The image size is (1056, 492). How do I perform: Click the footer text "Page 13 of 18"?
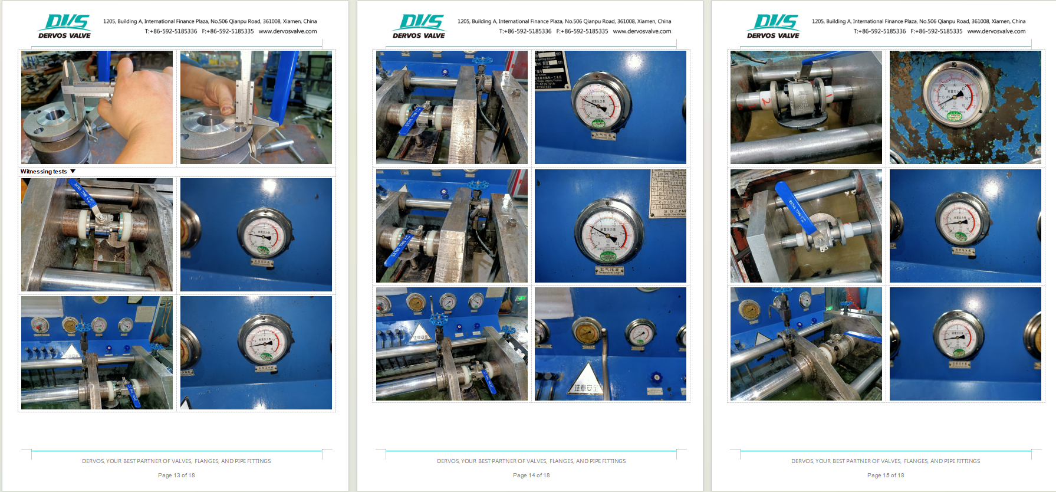pyautogui.click(x=176, y=475)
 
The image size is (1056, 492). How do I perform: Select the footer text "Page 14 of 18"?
pyautogui.click(x=531, y=475)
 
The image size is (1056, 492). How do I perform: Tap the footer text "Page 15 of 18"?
pyautogui.click(x=886, y=475)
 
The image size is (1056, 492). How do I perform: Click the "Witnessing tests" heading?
pyautogui.click(x=44, y=172)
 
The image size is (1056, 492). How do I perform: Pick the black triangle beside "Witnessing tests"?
pyautogui.click(x=73, y=172)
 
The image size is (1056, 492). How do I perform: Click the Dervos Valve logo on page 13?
pyautogui.click(x=65, y=27)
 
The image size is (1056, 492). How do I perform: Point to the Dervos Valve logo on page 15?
pyautogui.click(x=774, y=27)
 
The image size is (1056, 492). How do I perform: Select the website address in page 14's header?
pyautogui.click(x=642, y=31)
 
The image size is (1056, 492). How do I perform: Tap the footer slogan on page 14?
pyautogui.click(x=531, y=461)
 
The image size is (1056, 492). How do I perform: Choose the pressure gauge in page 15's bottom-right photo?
pyautogui.click(x=958, y=334)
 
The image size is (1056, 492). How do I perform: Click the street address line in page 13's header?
pyautogui.click(x=210, y=21)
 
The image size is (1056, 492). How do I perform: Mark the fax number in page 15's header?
pyautogui.click(x=936, y=31)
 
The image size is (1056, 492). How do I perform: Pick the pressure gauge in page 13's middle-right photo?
pyautogui.click(x=264, y=234)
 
